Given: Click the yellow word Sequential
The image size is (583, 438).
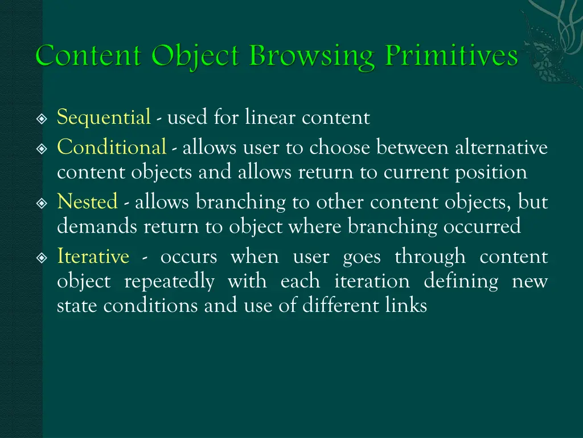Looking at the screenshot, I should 104,118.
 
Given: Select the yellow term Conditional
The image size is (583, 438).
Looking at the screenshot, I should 112,148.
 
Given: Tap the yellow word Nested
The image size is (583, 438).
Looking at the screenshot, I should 87,202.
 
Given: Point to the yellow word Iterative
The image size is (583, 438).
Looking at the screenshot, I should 93,257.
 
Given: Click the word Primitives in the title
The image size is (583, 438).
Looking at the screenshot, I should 451,56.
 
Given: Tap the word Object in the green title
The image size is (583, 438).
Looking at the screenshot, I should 195,56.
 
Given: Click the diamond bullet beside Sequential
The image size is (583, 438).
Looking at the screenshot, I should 41,119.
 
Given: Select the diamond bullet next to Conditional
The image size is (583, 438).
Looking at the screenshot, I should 41,148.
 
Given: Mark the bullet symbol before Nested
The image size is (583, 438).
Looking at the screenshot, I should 41,202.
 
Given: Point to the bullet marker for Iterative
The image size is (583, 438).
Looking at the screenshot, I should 41,257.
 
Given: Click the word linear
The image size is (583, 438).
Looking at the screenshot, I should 270,118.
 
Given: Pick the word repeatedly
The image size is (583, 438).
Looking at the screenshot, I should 169,281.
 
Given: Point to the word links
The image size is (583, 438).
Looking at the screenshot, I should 407,306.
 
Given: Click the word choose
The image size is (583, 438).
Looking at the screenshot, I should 337,148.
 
